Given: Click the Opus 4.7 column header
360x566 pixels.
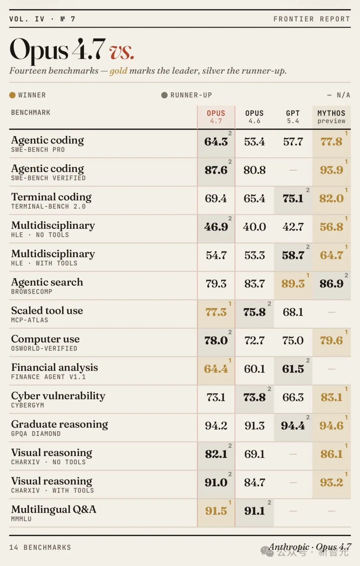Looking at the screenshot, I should [x=216, y=117].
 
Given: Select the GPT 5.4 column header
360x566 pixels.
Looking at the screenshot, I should [x=293, y=117].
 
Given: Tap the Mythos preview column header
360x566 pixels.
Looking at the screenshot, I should [x=331, y=117].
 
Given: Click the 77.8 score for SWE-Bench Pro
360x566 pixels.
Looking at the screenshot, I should [x=331, y=142].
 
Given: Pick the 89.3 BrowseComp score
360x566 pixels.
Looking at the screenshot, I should [x=293, y=284].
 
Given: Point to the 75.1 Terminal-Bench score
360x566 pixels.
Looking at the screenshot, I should [x=293, y=198].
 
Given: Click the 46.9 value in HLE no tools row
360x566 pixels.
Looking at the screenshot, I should [x=216, y=227].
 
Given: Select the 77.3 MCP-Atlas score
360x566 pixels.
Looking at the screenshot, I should [x=216, y=312].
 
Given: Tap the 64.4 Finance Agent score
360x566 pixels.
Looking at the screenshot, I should [x=216, y=369].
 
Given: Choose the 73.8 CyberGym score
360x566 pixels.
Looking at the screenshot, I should [x=254, y=397].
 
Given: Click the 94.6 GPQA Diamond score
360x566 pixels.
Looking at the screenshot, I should [x=331, y=426].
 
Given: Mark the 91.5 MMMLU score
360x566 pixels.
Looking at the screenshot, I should [x=216, y=511].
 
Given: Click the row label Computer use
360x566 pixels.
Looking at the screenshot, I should [x=45, y=339].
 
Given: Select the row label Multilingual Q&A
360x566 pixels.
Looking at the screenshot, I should [x=54, y=510].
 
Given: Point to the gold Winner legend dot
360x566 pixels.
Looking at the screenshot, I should [x=12, y=95].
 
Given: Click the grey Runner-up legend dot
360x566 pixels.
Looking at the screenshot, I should [x=164, y=95].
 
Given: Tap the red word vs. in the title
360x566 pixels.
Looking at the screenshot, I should [x=122, y=52].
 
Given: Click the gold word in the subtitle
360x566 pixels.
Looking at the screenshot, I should [x=118, y=71].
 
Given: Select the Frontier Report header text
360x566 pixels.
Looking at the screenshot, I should [x=312, y=19].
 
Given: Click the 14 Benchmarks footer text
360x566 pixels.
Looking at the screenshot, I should [x=40, y=547].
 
